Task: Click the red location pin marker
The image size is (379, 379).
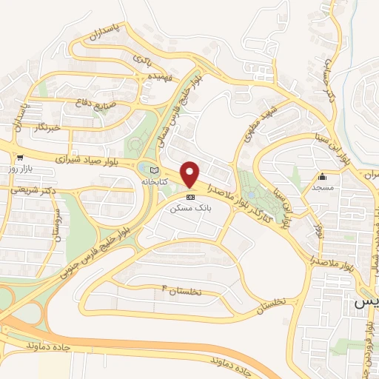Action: [191, 174]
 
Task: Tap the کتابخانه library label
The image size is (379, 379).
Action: [173, 181]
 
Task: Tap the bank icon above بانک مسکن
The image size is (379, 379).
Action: [192, 197]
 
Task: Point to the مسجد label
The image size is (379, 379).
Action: [324, 189]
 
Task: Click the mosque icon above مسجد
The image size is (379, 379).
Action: [323, 177]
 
